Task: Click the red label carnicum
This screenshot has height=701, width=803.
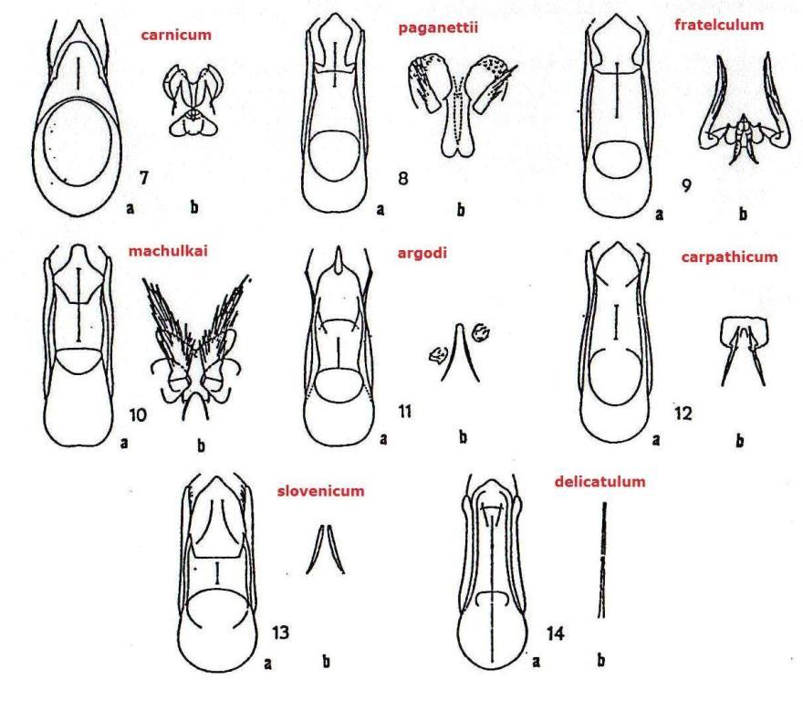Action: [175, 35]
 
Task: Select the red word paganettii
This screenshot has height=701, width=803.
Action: [438, 27]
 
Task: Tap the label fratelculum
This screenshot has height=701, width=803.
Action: [719, 25]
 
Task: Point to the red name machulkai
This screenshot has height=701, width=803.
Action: [168, 251]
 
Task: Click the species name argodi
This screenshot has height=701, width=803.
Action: [422, 253]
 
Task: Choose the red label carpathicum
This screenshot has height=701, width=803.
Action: [729, 256]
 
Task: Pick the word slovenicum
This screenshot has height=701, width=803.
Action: [320, 491]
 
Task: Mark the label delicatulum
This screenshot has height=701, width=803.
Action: [600, 482]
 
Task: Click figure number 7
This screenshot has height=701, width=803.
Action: [144, 178]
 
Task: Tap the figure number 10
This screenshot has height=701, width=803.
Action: [138, 413]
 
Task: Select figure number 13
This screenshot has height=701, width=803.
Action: [280, 633]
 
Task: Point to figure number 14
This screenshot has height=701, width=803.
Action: [555, 633]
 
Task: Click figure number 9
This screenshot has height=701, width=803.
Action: [687, 185]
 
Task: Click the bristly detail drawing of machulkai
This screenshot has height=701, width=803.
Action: [197, 348]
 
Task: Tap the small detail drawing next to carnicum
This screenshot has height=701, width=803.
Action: [193, 100]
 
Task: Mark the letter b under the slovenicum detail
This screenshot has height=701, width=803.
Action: [327, 662]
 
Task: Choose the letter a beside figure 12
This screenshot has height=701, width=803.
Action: [656, 440]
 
